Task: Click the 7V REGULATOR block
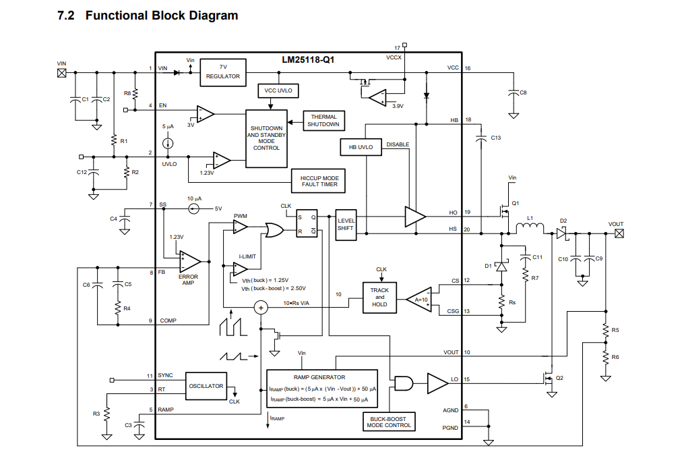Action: pyautogui.click(x=222, y=72)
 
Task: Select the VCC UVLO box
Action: pyautogui.click(x=278, y=90)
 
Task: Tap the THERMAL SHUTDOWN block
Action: pyautogui.click(x=323, y=121)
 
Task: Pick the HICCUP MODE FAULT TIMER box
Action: pyautogui.click(x=318, y=181)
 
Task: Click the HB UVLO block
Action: pyautogui.click(x=361, y=147)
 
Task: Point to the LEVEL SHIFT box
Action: pyautogui.click(x=346, y=225)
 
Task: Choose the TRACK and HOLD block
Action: pyautogui.click(x=379, y=298)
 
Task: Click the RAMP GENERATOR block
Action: pyautogui.click(x=322, y=389)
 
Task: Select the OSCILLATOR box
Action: pyautogui.click(x=206, y=386)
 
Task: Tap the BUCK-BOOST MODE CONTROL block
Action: pyautogui.click(x=389, y=422)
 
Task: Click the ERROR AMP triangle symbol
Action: pyautogui.click(x=189, y=262)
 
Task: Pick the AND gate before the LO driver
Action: pyautogui.click(x=403, y=383)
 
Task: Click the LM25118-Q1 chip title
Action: pyautogui.click(x=308, y=59)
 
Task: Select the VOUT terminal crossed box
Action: pyautogui.click(x=619, y=233)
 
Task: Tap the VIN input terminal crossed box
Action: pyautogui.click(x=62, y=73)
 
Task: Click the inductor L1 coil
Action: pyautogui.click(x=530, y=227)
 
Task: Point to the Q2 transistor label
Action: pyautogui.click(x=559, y=378)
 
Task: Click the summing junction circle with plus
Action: pyautogui.click(x=261, y=308)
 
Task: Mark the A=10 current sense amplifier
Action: pyautogui.click(x=419, y=300)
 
